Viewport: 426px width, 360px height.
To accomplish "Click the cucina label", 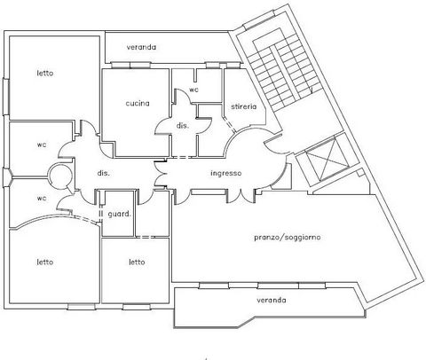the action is pyautogui.click(x=138, y=103).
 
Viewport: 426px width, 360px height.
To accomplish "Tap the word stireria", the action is pyautogui.click(x=244, y=106).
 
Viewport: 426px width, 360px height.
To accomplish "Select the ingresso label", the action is pyautogui.click(x=226, y=173).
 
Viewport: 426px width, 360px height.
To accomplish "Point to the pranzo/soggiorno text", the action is pyautogui.click(x=288, y=238).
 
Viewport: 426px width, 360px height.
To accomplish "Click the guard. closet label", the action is pyautogui.click(x=119, y=214).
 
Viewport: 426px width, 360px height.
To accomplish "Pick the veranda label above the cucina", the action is pyautogui.click(x=141, y=47).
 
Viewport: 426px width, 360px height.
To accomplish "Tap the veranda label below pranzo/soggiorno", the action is pyautogui.click(x=272, y=301).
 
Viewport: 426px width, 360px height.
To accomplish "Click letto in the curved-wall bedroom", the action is pyautogui.click(x=45, y=262).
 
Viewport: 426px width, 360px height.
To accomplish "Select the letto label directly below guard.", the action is pyautogui.click(x=137, y=262).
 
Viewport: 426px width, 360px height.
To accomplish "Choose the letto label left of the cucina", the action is pyautogui.click(x=45, y=73).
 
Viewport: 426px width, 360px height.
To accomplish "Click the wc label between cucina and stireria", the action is pyautogui.click(x=193, y=90).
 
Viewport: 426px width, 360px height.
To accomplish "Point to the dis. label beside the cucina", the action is pyautogui.click(x=183, y=125).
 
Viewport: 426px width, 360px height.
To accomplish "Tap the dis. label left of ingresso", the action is pyautogui.click(x=103, y=173).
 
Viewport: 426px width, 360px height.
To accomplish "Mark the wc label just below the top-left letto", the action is pyautogui.click(x=42, y=145).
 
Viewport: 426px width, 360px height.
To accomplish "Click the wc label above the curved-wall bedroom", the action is pyautogui.click(x=42, y=198).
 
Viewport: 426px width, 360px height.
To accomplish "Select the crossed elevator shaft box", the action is pyautogui.click(x=327, y=160).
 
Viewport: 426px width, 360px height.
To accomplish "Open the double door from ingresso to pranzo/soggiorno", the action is pyautogui.click(x=241, y=196).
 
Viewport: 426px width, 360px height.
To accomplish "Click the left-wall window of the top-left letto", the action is pyautogui.click(x=6, y=97).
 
